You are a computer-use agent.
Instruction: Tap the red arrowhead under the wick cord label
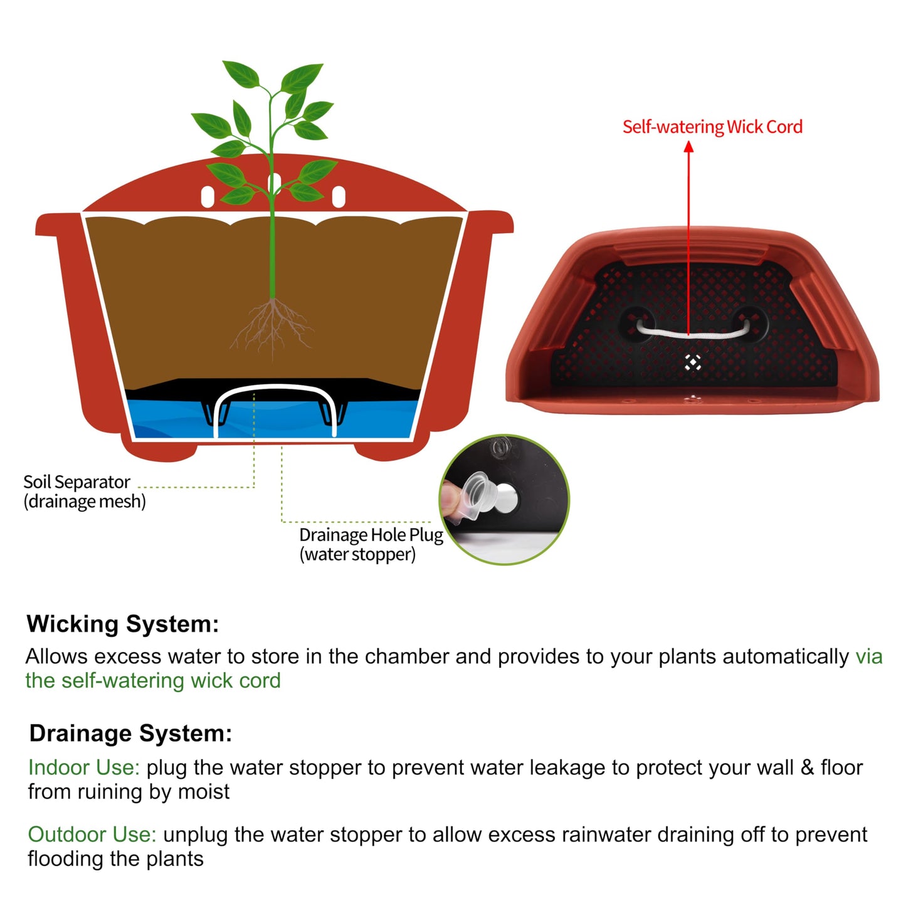click(x=688, y=147)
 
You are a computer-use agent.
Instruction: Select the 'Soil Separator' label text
click(x=76, y=482)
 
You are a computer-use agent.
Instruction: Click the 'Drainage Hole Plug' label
click(x=371, y=535)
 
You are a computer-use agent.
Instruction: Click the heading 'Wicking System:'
click(x=123, y=624)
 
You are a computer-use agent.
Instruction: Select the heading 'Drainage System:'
click(x=130, y=734)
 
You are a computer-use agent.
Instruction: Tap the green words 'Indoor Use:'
click(x=84, y=767)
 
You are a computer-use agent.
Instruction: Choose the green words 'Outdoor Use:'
click(x=92, y=835)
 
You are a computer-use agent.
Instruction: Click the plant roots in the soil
click(x=271, y=327)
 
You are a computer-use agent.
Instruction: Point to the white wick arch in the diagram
click(x=275, y=388)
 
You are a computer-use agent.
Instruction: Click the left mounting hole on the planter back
click(x=208, y=196)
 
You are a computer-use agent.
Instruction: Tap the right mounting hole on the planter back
click(x=339, y=196)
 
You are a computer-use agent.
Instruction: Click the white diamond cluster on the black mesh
click(x=693, y=362)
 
